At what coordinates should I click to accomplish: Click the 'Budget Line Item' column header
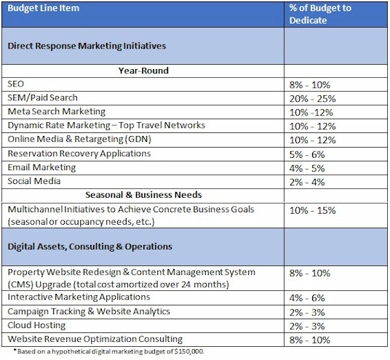tap(44, 8)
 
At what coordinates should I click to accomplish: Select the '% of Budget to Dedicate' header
tap(320, 14)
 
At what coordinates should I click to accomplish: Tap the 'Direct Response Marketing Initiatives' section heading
tap(87, 46)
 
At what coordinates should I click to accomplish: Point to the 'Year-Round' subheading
tap(143, 71)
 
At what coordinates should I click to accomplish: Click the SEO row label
tap(16, 84)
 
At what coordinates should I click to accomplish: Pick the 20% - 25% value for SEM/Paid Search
tap(312, 99)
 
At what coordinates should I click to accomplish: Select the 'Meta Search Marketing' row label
tap(57, 111)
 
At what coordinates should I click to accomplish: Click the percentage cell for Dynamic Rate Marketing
tap(312, 127)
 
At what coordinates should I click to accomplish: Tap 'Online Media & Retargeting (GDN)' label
tap(79, 139)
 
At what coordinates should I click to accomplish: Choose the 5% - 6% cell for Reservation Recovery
tap(307, 155)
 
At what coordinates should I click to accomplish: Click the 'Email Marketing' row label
tap(41, 167)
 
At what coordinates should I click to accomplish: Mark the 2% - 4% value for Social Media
tap(307, 183)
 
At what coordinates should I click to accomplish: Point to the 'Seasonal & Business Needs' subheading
tap(143, 195)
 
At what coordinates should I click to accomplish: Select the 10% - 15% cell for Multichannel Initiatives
tap(312, 211)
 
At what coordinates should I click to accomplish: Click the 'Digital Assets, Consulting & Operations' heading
tap(89, 247)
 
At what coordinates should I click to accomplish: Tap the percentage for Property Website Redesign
tap(310, 273)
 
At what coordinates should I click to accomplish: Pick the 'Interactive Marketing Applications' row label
tap(79, 297)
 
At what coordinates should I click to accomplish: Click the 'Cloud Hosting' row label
tap(36, 325)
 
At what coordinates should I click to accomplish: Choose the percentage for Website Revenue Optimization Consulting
tap(310, 340)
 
